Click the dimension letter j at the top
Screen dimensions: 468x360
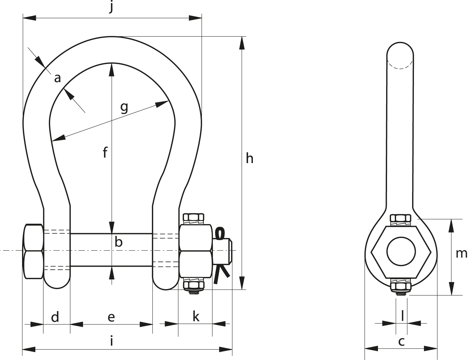pos(111,7)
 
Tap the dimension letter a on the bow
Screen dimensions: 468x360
pos(57,78)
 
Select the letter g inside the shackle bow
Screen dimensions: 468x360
pos(124,108)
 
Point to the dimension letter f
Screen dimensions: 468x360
pos(105,152)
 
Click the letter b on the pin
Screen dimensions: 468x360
pos(119,242)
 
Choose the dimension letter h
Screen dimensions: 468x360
pos(250,159)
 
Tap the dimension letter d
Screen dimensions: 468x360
pos(55,317)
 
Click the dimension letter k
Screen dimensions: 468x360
pos(196,317)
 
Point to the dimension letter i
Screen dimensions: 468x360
pos(111,340)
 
